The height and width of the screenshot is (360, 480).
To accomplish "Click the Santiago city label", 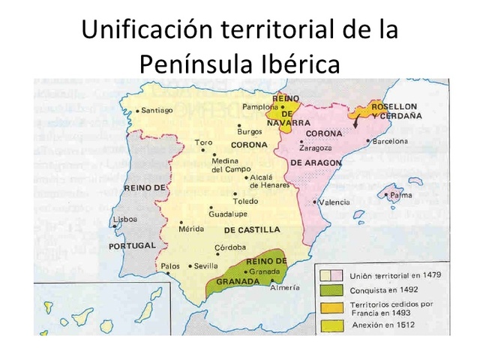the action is [x=157, y=110].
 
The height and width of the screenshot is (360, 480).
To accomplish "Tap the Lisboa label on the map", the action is [x=124, y=220].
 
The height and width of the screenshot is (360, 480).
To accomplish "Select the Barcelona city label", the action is [x=390, y=141].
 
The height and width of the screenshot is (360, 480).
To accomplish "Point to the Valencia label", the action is [x=334, y=202].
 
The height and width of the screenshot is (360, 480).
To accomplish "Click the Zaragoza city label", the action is [x=315, y=148].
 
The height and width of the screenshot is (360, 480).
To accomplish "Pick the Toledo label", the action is [x=245, y=201].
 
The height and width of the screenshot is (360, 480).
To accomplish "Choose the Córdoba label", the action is [x=230, y=247].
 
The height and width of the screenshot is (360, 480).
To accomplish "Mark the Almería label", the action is [x=285, y=287].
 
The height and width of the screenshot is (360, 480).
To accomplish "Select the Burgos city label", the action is [x=249, y=131].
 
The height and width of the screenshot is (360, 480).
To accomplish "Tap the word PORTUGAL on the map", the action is [x=132, y=245].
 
